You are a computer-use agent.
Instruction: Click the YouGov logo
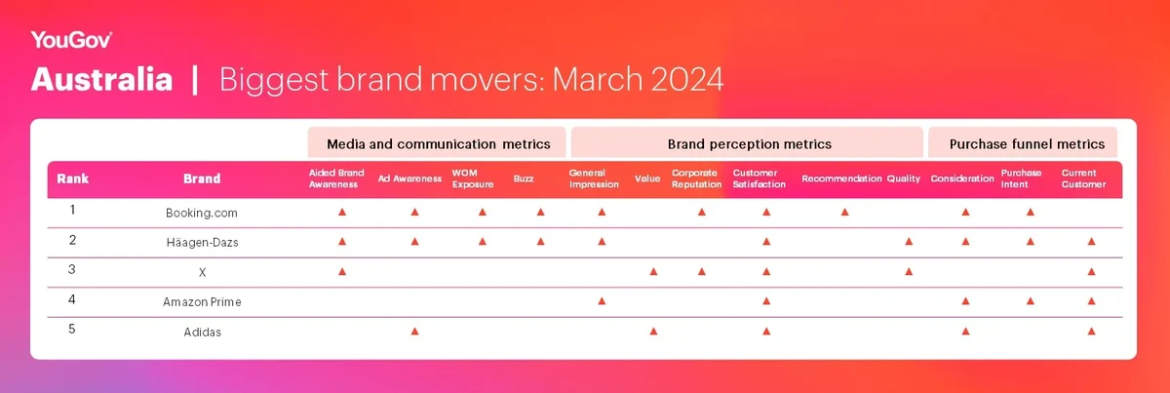(x=71, y=40)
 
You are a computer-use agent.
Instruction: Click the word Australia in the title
(x=101, y=79)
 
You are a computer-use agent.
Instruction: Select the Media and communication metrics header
(x=438, y=143)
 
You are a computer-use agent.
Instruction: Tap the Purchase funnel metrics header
(x=1027, y=143)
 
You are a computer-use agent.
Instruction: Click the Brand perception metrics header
(x=750, y=143)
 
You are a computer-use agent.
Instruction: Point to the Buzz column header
(x=524, y=178)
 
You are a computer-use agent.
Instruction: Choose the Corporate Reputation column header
(x=696, y=178)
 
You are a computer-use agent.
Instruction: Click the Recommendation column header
(x=841, y=178)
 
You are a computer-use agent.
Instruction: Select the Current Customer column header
(x=1083, y=178)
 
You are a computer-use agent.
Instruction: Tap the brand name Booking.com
(x=202, y=213)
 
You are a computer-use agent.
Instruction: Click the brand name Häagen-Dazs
(x=202, y=242)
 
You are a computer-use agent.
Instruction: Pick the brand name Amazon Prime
(x=202, y=301)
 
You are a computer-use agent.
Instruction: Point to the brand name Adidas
(x=202, y=332)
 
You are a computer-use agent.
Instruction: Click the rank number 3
(x=72, y=269)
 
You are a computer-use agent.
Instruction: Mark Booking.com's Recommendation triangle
(x=844, y=213)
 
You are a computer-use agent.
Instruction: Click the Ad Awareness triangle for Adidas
(x=414, y=332)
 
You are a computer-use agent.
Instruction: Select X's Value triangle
(x=653, y=272)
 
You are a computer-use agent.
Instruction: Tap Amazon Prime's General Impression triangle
(x=602, y=301)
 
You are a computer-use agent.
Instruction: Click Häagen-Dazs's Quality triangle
(x=909, y=242)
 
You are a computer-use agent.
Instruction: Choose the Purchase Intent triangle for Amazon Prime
(x=1031, y=301)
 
